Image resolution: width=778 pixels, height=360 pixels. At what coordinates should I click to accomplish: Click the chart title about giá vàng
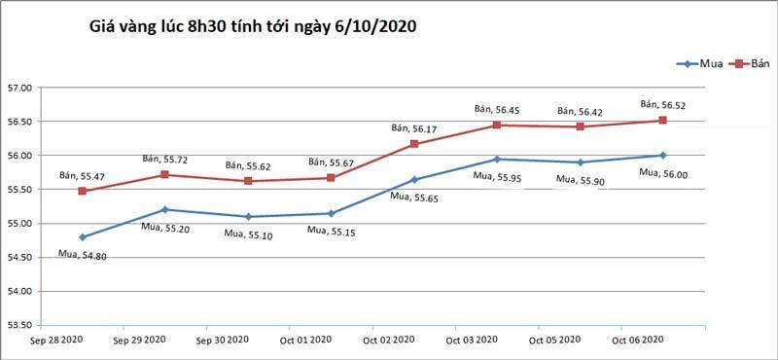click(x=252, y=27)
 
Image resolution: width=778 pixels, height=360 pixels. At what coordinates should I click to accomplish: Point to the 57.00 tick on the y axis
click(x=20, y=88)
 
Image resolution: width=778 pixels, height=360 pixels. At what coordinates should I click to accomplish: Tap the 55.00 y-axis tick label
click(x=20, y=224)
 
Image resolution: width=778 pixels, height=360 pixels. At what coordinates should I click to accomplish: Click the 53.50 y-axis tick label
click(x=20, y=325)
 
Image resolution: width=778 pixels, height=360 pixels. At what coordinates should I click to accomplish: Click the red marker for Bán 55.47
click(x=83, y=191)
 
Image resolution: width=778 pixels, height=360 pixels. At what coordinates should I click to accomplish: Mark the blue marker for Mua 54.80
click(x=83, y=236)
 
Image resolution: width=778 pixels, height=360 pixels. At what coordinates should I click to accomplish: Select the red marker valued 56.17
click(x=414, y=144)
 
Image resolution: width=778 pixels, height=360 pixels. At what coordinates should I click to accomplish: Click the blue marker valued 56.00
click(x=662, y=155)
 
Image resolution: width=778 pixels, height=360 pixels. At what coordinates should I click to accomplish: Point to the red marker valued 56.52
click(x=662, y=121)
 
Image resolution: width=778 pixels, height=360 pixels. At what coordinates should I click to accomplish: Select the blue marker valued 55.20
click(x=165, y=209)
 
